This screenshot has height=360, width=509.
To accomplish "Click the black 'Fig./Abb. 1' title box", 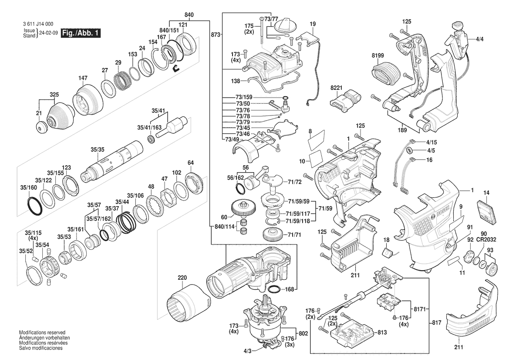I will [81, 33].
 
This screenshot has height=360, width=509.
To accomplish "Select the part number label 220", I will [182, 277].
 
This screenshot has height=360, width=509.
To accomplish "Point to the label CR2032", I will [486, 240].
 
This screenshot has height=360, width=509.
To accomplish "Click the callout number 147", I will [83, 78].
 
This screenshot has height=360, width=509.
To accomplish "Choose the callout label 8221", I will [336, 88].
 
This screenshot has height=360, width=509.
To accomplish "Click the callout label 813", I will [382, 332].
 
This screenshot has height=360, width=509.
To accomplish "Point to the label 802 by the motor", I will [303, 333].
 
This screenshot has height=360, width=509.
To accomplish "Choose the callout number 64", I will [190, 163].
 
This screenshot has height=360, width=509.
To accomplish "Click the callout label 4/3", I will [247, 351].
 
